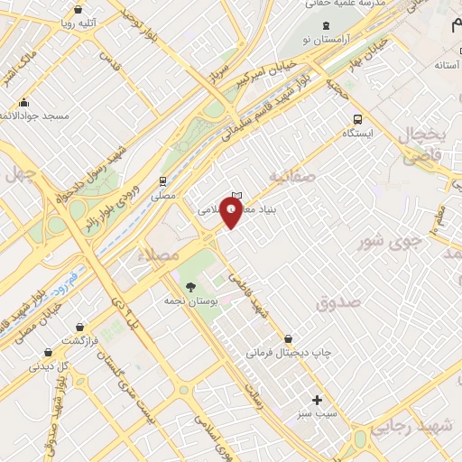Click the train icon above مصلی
163,180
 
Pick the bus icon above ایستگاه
358,118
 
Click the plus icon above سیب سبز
317,400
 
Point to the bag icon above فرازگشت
80,326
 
